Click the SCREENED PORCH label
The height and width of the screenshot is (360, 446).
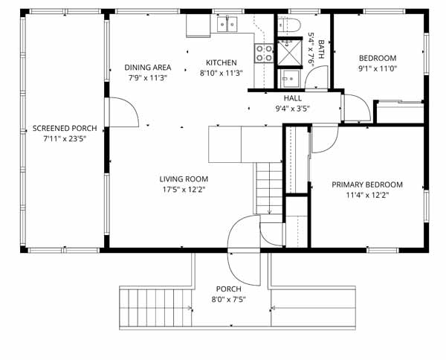(x=65, y=129)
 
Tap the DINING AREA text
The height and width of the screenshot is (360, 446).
(x=148, y=68)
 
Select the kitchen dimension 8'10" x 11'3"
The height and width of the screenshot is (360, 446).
(x=221, y=74)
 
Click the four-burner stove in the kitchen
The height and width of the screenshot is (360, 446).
(x=264, y=54)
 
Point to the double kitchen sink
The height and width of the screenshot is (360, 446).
(x=227, y=25)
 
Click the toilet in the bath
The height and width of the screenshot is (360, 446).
(x=289, y=25)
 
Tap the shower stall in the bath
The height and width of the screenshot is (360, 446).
(x=290, y=52)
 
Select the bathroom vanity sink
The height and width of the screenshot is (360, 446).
(x=290, y=78)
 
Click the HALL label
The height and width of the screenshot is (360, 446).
(x=292, y=98)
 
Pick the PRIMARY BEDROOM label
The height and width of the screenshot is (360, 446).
(x=367, y=184)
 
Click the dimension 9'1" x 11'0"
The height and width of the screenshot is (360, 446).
(x=378, y=68)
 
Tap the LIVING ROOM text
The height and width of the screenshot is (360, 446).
(x=184, y=179)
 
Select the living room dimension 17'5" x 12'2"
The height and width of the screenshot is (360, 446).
(x=184, y=190)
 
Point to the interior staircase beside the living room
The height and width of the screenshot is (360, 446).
(x=269, y=188)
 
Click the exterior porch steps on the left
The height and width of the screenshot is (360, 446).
(x=155, y=308)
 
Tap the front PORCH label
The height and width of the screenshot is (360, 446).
(x=228, y=289)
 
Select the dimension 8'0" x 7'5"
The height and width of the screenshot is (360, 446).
(x=228, y=300)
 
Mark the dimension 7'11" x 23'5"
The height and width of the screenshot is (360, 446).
(x=65, y=139)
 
